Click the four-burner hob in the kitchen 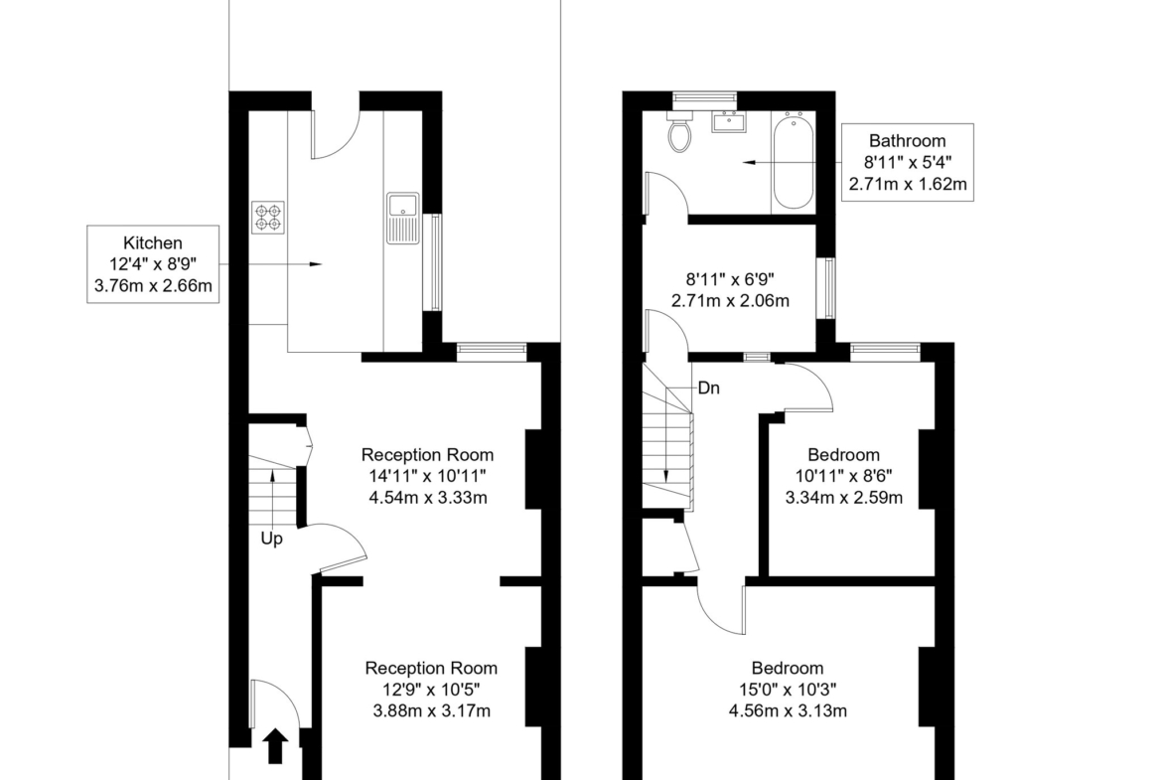pos(267,218)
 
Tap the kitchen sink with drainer pos(402,218)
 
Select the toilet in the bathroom pos(679,131)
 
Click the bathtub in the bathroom pos(793,160)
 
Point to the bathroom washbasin pos(729,121)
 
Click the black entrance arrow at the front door pos(276,745)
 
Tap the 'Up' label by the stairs pos(271,539)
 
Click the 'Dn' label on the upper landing pos(708,388)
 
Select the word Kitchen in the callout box pos(153,243)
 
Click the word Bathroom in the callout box pos(907,141)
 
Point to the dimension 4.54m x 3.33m pos(428,498)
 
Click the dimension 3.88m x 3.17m pos(431,711)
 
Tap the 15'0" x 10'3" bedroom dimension pos(788,690)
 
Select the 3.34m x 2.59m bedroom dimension pos(844,498)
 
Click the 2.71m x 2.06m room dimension pos(730,301)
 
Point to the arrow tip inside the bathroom pos(743,162)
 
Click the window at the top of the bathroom pos(704,97)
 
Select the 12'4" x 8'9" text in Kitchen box pos(153,264)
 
